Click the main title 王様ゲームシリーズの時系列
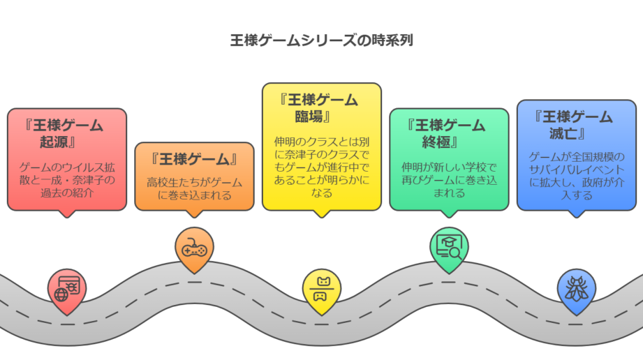click(x=322, y=40)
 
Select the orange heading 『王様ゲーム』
click(x=194, y=159)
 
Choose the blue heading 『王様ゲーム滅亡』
click(x=576, y=125)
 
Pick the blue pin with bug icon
click(x=576, y=287)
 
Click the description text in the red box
click(x=67, y=181)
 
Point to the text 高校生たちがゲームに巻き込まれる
click(x=194, y=188)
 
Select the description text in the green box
click(x=449, y=180)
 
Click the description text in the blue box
click(x=576, y=175)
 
